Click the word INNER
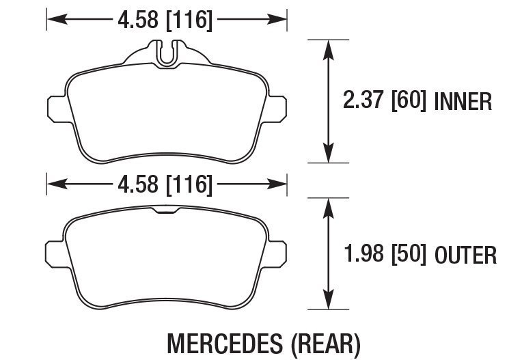(463, 102)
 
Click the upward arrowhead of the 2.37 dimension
(329, 46)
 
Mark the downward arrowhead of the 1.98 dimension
(329, 303)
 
